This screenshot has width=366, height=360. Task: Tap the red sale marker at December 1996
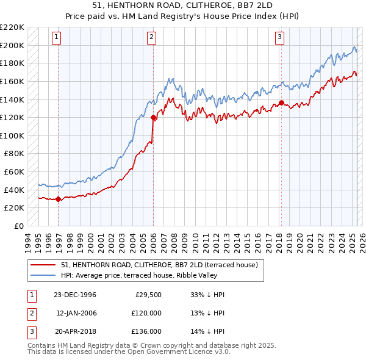[x=59, y=199]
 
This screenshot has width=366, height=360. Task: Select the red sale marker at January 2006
[x=153, y=117]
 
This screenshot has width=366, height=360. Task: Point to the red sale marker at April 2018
[x=281, y=103]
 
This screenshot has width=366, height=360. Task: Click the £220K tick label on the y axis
[x=12, y=27]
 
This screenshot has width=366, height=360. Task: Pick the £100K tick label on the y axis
[x=12, y=135]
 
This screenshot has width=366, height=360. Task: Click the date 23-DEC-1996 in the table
[x=75, y=294]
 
